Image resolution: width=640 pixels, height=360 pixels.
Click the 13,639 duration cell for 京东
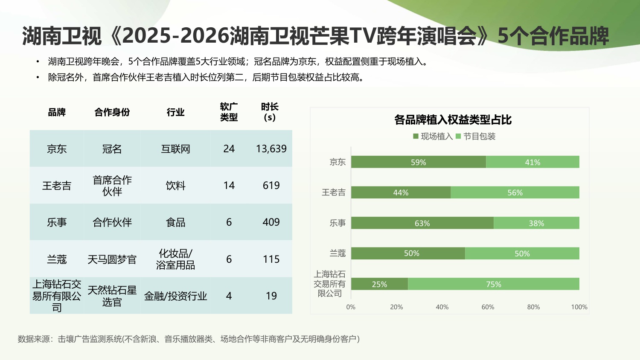coord(271,149)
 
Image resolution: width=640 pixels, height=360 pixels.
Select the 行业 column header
coord(175,112)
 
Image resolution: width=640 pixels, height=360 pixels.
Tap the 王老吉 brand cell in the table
coord(57,186)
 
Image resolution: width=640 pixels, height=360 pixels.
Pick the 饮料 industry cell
coord(175,186)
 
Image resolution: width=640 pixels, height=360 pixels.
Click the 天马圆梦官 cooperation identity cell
coord(112,259)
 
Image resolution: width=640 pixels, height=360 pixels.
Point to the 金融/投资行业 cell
coord(175,296)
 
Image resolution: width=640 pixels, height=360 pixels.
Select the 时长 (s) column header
coord(270,112)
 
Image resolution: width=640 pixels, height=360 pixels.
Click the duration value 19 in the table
coord(271,296)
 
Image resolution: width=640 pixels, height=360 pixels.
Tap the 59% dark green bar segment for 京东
coord(418,162)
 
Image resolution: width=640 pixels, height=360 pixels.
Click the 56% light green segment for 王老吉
coord(515,192)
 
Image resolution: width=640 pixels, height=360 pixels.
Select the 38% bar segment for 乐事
coord(536,223)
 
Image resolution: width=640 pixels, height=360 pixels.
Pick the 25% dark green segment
coord(379,284)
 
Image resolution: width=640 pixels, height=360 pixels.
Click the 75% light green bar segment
coord(493,284)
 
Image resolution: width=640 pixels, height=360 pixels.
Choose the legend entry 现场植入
coord(433,136)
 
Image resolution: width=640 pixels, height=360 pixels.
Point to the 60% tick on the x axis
coord(488,307)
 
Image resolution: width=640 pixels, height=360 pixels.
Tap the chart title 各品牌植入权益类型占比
coord(453,120)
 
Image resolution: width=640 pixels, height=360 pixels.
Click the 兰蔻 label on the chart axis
coord(337,253)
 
